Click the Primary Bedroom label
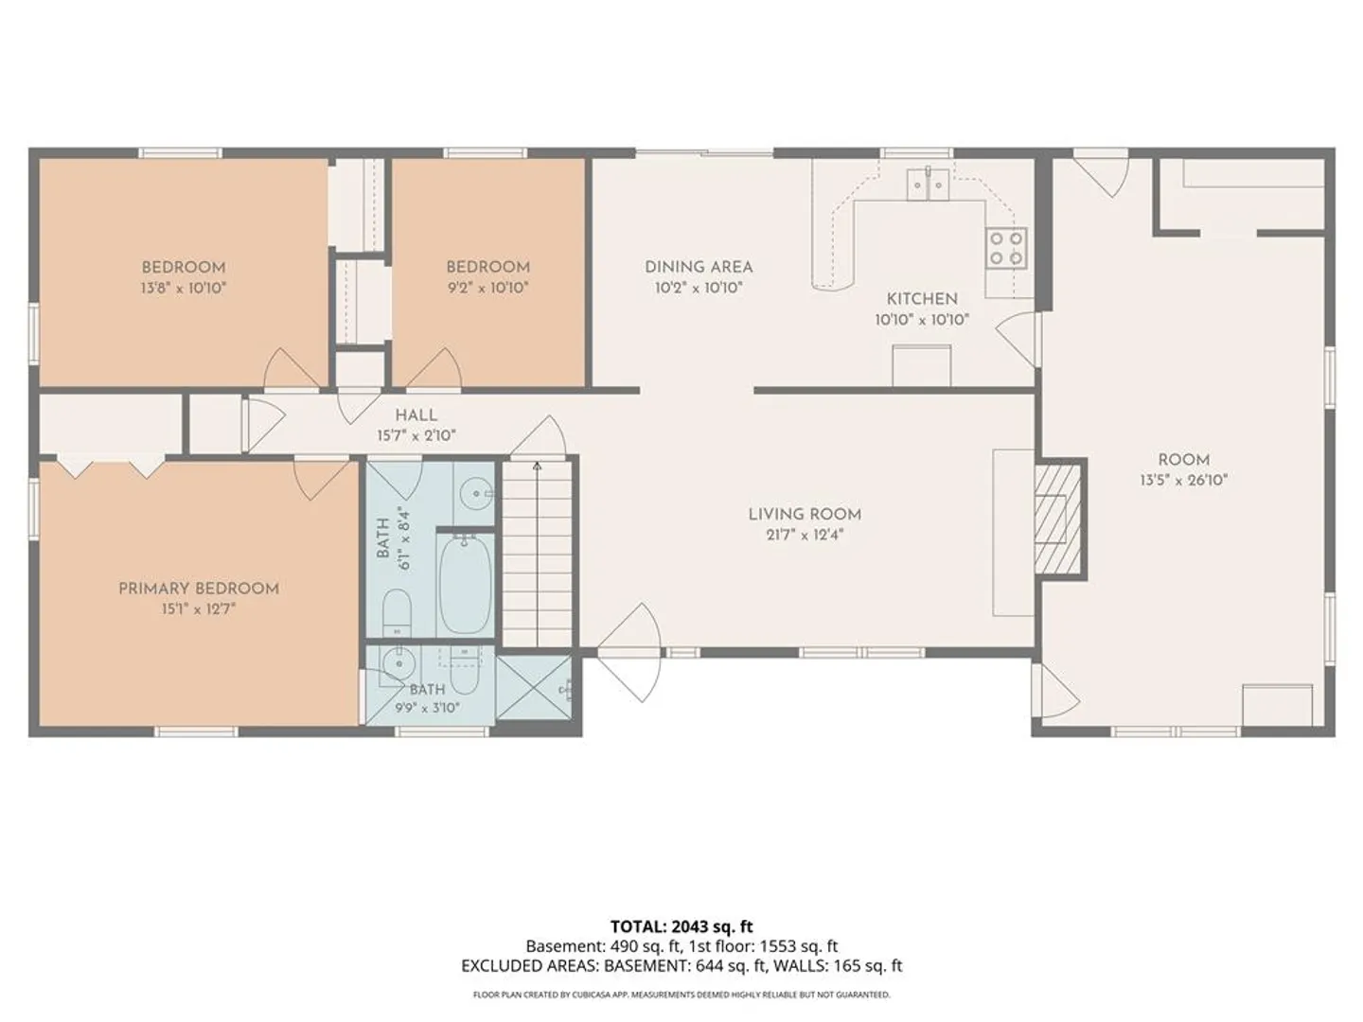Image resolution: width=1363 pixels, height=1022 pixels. tap(199, 589)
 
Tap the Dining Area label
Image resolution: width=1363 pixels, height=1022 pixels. tap(699, 267)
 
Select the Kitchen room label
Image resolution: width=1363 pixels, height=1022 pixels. tap(922, 299)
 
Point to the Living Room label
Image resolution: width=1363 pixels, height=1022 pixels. tap(805, 515)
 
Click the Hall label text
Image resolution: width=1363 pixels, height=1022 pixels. tap(416, 415)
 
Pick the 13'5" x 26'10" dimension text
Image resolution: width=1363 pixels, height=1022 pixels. tap(1184, 481)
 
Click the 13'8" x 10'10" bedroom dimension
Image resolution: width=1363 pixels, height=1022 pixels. tap(184, 288)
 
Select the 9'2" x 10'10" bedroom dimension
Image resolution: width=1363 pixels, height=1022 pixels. tap(488, 288)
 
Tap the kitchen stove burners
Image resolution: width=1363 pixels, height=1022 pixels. tap(1006, 248)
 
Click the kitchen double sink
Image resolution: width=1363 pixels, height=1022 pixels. tap(928, 185)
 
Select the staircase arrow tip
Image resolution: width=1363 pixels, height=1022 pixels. tap(537, 463)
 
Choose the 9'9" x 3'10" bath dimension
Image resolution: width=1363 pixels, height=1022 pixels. tap(427, 708)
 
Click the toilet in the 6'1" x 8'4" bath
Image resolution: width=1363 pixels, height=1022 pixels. tap(397, 612)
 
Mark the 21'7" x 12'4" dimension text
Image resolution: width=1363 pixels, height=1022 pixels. tap(805, 535)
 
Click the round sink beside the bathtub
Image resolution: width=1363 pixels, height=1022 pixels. tap(477, 494)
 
